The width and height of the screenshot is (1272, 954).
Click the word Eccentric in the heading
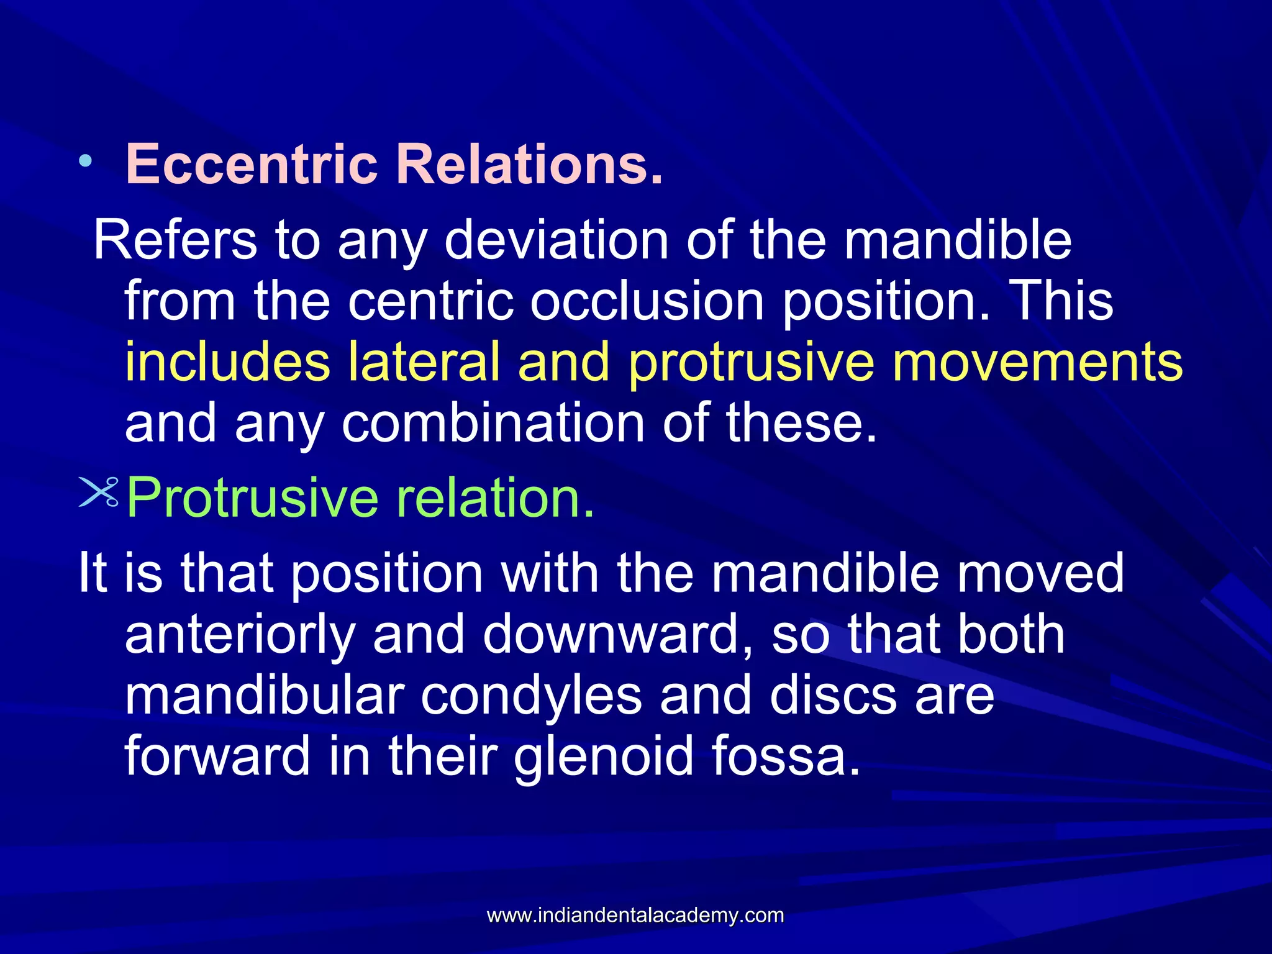(252, 164)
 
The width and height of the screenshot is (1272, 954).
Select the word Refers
(175, 240)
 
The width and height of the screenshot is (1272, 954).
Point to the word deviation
(556, 240)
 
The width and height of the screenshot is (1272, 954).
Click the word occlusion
(647, 301)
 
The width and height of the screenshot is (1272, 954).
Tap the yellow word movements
(1037, 362)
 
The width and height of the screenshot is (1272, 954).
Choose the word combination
(494, 423)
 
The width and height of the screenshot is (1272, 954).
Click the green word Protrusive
(252, 498)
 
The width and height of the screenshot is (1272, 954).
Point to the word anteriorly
(240, 635)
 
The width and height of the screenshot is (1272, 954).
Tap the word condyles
(531, 696)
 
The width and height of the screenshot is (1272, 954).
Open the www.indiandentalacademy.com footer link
(635, 915)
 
